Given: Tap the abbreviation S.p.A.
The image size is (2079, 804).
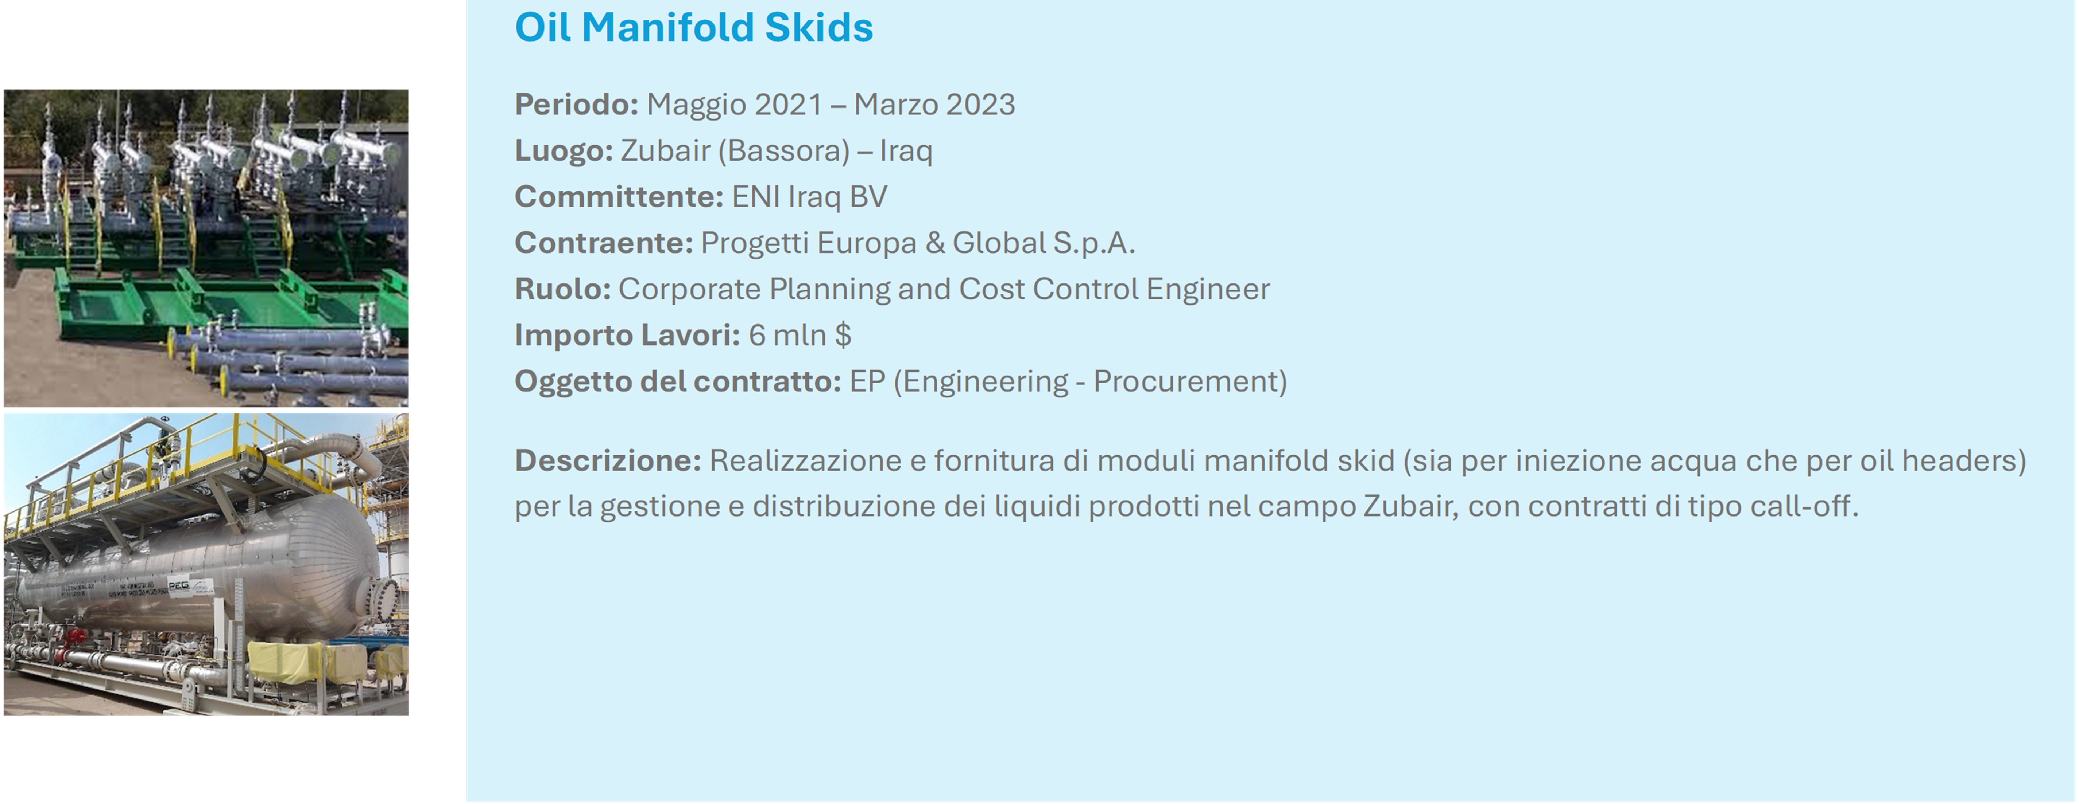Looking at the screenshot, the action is pos(1093,243).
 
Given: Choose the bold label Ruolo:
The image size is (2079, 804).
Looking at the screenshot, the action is pos(562,289).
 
